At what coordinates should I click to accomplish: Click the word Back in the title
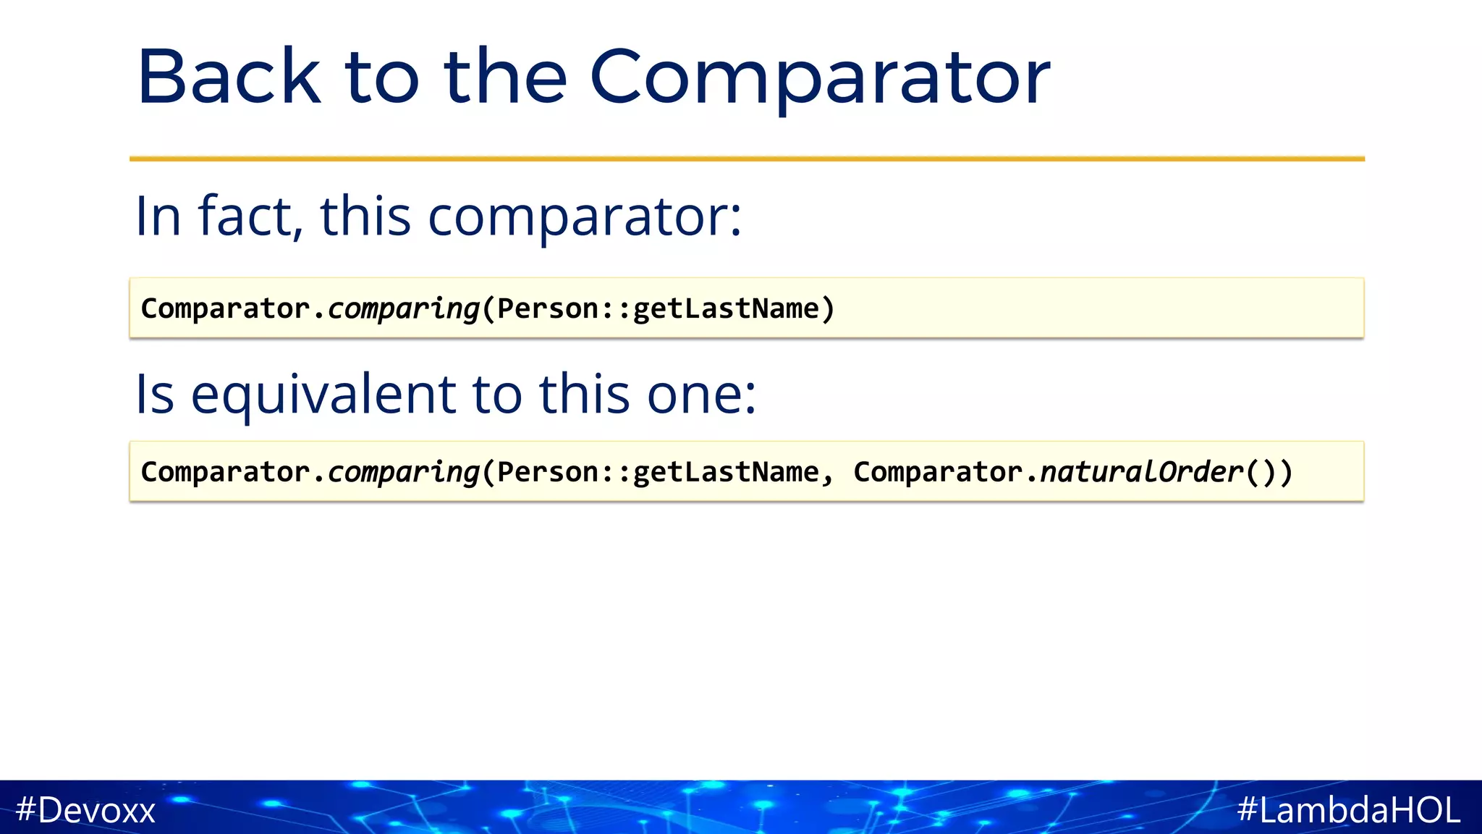(228, 77)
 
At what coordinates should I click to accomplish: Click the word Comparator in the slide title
(819, 77)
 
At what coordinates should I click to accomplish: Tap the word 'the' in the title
(505, 77)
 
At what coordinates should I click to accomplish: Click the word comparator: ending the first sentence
(585, 216)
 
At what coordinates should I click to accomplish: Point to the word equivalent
(323, 394)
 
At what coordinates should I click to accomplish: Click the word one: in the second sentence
(701, 394)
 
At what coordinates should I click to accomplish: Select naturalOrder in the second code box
(1141, 472)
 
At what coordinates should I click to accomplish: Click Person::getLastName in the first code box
(657, 308)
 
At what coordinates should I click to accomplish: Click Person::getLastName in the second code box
(657, 472)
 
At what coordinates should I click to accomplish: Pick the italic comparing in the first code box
(403, 309)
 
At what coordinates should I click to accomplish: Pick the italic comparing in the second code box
(403, 473)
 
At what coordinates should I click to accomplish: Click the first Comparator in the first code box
(225, 308)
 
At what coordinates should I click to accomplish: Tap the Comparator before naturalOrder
(938, 472)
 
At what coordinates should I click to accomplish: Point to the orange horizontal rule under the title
(747, 159)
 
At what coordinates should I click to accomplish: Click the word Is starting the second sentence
(155, 394)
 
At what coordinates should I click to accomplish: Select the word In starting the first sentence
(158, 216)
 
